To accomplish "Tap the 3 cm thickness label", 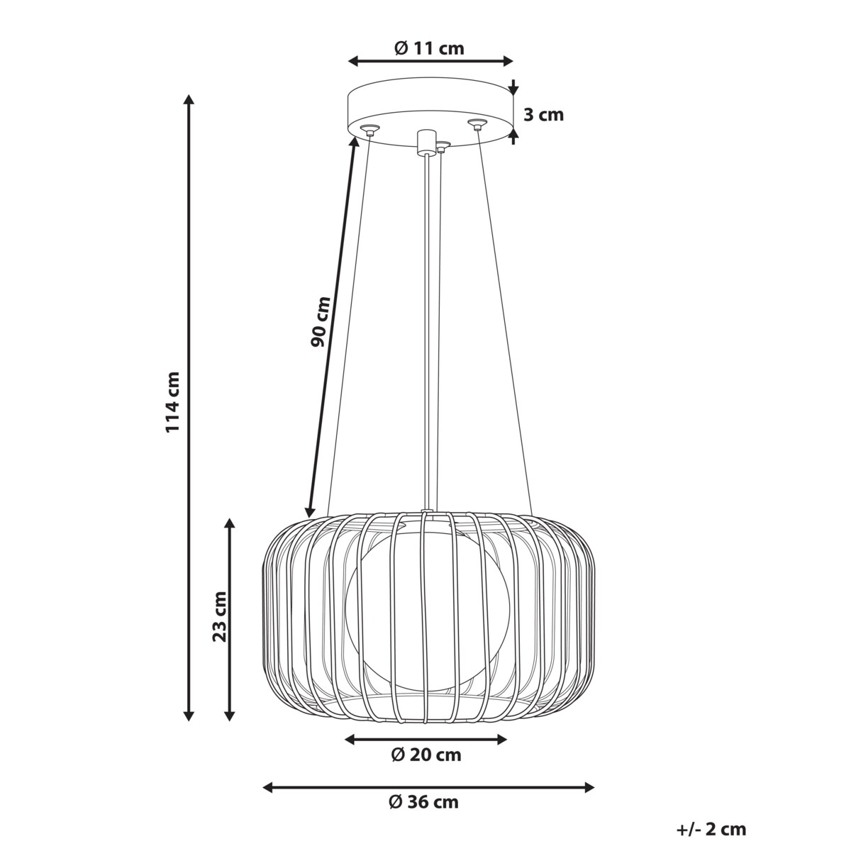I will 543,114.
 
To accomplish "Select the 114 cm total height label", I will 172,402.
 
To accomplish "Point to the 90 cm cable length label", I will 320,321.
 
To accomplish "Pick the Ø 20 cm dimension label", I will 425,755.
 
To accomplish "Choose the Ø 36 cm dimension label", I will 424,802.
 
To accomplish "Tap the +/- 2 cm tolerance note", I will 711,828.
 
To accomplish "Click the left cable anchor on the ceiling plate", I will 369,129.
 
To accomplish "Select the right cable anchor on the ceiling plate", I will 477,125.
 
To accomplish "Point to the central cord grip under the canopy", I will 425,142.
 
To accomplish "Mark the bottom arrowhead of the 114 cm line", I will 189,716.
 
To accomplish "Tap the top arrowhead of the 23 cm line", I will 229,523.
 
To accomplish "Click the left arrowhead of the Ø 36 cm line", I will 268,787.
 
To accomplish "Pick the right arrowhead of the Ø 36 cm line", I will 589,787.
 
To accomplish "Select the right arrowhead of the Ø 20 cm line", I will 503,740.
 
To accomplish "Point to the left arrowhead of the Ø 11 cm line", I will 353,62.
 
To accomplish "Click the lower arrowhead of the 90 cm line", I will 309,511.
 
